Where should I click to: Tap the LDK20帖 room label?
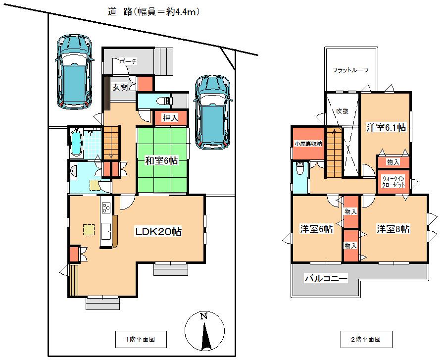159,231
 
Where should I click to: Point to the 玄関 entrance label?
119,87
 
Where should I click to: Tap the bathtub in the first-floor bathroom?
77,142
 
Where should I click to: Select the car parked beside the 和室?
213,112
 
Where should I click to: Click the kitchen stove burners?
106,207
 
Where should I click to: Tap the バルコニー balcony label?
326,279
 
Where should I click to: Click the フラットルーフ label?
351,70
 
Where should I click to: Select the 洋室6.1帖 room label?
386,127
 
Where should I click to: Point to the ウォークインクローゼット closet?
394,181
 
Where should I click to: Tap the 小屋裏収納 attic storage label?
307,144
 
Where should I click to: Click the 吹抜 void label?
342,111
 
